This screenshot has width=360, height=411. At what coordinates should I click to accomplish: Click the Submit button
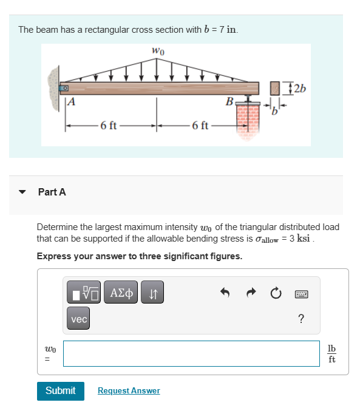pos(61,390)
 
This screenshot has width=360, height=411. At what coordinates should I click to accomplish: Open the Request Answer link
pos(129,391)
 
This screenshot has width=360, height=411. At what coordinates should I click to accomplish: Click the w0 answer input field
pos(191,353)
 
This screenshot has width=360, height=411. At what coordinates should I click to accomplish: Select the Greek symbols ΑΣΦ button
pos(121,293)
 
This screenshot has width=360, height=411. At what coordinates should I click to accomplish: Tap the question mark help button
pos(301,319)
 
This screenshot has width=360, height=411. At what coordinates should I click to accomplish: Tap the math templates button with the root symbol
pos(83,293)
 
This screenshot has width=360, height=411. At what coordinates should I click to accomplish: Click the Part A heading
pos(52,192)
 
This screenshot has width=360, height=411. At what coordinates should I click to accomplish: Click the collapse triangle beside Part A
pos(23,192)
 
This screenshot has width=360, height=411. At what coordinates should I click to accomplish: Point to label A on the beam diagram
pos(71,101)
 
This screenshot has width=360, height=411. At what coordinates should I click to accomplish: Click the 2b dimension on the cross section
pos(299,87)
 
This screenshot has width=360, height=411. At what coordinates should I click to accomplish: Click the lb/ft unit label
pos(331,353)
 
